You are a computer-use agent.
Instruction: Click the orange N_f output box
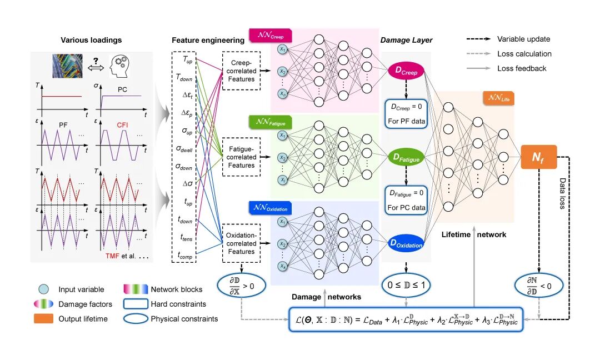click(538, 158)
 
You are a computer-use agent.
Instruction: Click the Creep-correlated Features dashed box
click(241, 71)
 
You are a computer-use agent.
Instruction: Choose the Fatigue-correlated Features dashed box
click(241, 157)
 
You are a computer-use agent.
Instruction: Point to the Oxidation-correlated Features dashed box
click(241, 243)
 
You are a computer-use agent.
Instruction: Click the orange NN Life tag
click(498, 98)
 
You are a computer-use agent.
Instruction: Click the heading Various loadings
click(92, 40)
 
